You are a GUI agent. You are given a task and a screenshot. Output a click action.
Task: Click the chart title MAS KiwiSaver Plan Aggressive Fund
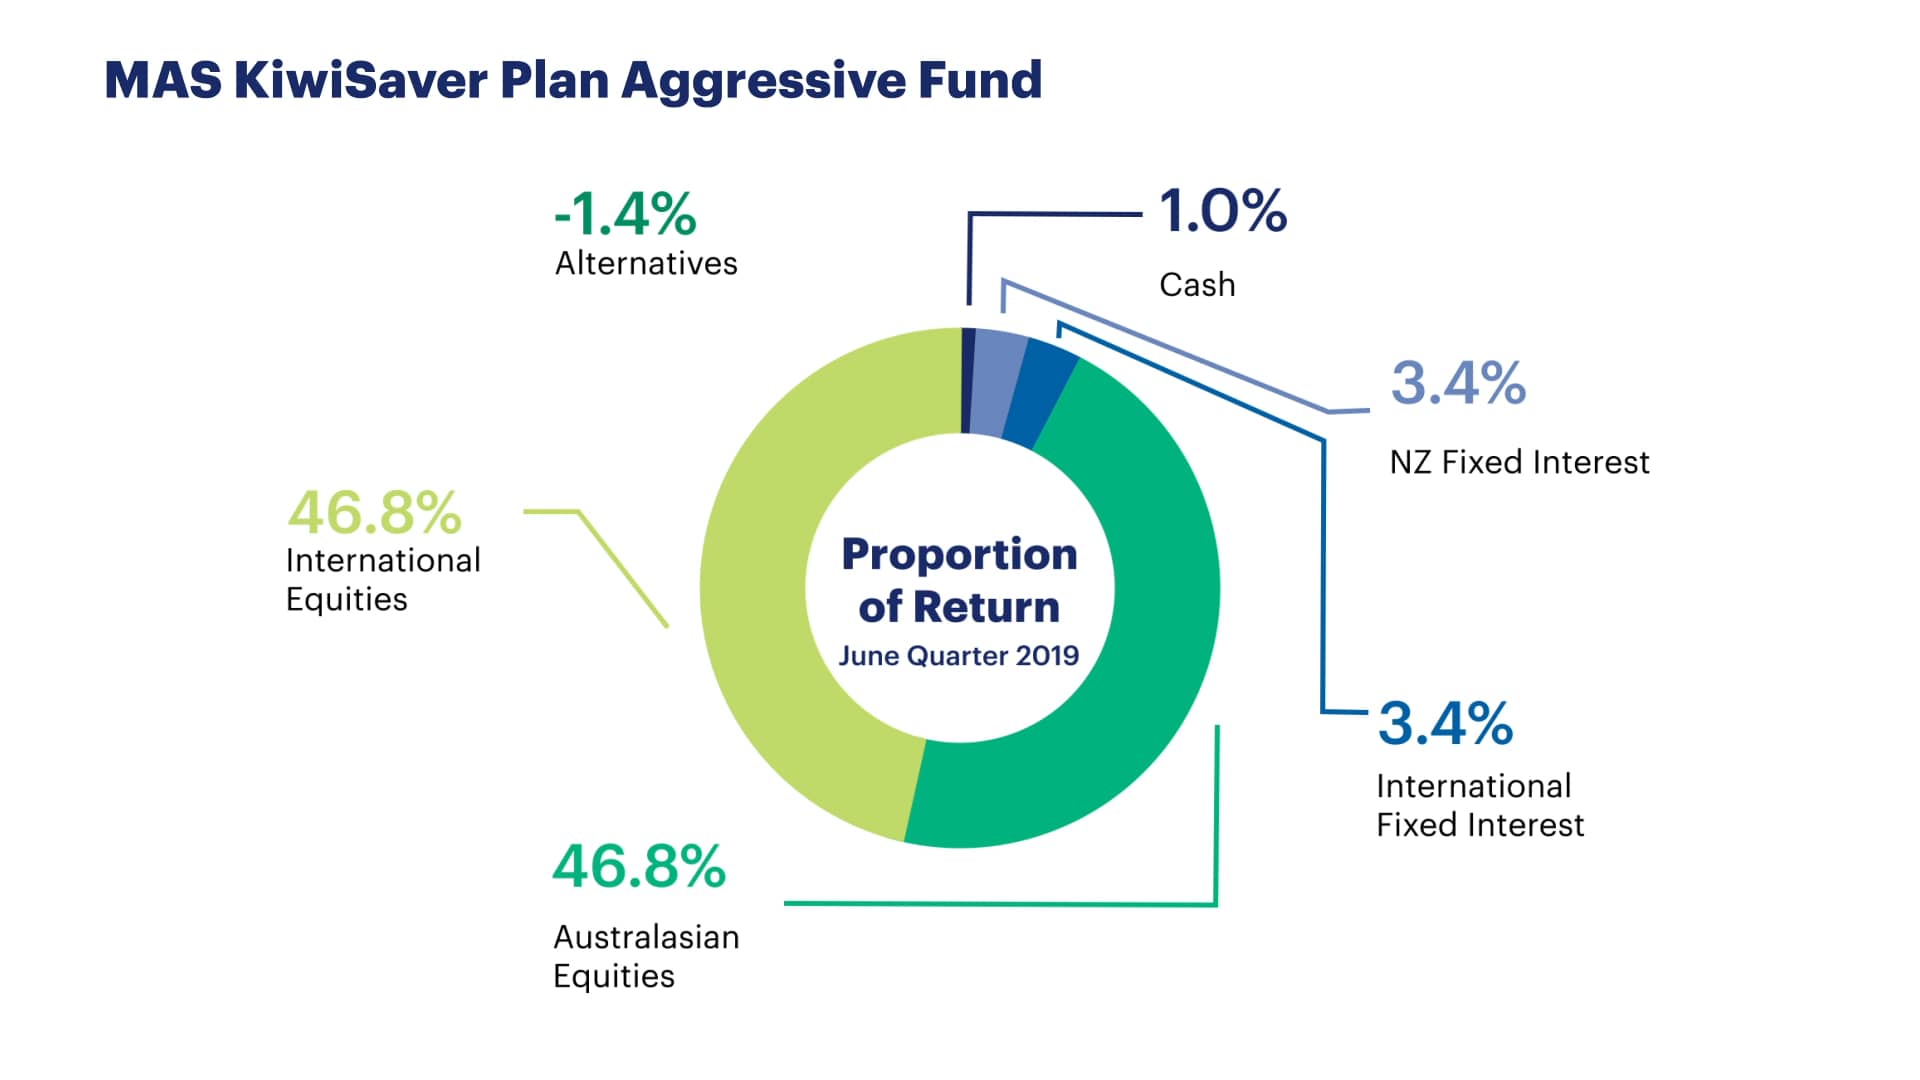tap(573, 80)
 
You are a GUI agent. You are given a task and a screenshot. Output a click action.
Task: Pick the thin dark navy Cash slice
tap(967, 380)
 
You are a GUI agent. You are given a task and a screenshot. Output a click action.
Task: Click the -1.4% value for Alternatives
tap(625, 213)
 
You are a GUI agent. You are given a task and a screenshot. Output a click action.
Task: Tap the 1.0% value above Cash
tap(1223, 211)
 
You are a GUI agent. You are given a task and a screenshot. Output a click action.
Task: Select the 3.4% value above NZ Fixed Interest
tap(1458, 383)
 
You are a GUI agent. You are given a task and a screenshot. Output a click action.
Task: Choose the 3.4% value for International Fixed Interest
tap(1445, 723)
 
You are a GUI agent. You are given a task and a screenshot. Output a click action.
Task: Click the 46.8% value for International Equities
tap(374, 513)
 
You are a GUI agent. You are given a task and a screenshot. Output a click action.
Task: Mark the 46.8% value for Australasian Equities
tap(638, 866)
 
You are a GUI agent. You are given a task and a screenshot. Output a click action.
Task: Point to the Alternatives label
tap(646, 263)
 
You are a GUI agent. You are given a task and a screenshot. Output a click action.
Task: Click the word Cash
tap(1197, 285)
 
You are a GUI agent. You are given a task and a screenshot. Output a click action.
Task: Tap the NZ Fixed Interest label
tap(1519, 462)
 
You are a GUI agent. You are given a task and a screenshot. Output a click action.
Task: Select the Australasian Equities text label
tap(646, 956)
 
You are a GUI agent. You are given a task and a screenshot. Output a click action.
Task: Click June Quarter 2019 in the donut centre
tap(958, 656)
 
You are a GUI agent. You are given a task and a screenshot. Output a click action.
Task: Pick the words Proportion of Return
tap(959, 580)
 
